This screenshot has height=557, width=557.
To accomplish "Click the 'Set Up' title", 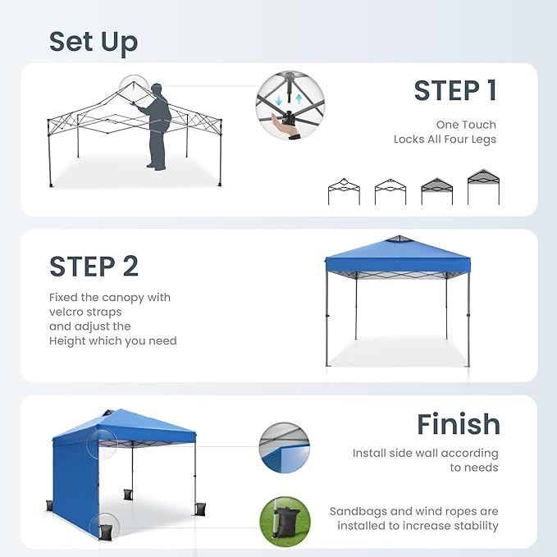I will click(x=94, y=42).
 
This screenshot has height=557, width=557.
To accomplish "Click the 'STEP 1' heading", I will click(x=455, y=91).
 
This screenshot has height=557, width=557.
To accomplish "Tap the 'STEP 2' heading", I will click(x=94, y=267).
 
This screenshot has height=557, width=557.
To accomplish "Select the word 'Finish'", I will click(x=458, y=424).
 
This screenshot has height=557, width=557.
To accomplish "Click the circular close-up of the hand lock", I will click(x=290, y=107).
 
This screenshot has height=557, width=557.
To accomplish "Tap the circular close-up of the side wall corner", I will click(x=284, y=448).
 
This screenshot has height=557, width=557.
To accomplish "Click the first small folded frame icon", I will click(x=344, y=190).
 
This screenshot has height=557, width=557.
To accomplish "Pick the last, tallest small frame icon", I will click(x=483, y=186).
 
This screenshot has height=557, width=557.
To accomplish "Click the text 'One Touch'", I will click(x=466, y=125).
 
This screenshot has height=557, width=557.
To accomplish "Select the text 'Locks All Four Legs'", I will click(x=445, y=139).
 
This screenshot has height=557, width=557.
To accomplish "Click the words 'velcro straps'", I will click(x=85, y=312).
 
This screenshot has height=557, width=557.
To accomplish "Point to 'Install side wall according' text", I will click(x=425, y=453).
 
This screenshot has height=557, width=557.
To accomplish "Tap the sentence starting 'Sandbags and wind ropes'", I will click(x=413, y=511).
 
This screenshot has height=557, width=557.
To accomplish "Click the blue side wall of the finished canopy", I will click(x=75, y=476).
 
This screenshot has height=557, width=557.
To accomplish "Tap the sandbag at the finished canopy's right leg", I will click(x=200, y=507).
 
